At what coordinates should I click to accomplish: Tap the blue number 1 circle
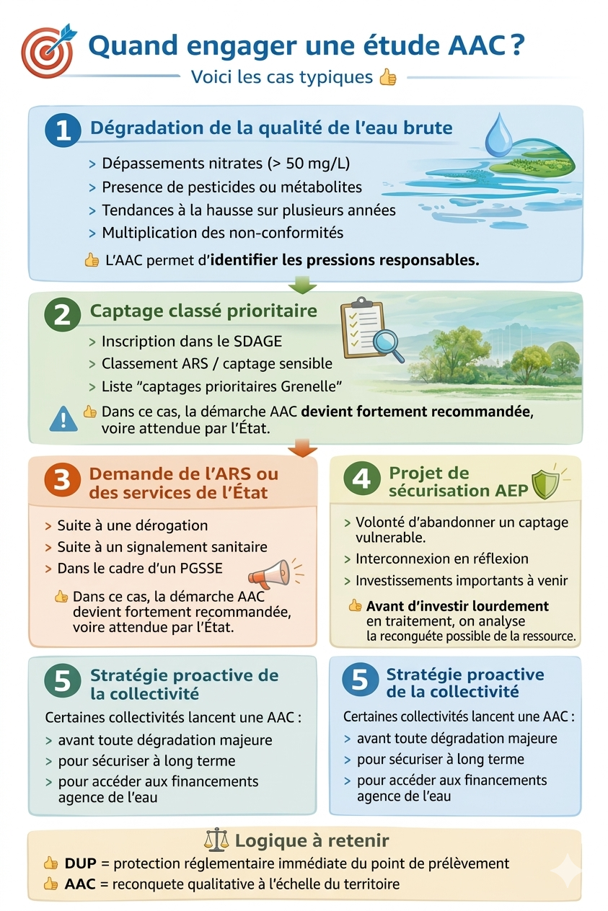(x=63, y=130)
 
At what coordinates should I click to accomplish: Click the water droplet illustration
(x=498, y=135)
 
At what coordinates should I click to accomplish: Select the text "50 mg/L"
(x=318, y=164)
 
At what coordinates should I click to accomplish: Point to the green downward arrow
(x=302, y=284)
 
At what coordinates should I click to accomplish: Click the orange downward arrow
(x=302, y=448)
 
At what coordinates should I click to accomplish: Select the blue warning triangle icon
(x=63, y=419)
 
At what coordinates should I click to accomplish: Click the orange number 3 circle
(x=62, y=479)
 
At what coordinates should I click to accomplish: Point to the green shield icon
(x=546, y=484)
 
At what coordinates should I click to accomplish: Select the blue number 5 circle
(x=360, y=680)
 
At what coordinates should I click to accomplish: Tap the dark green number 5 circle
(x=62, y=680)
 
